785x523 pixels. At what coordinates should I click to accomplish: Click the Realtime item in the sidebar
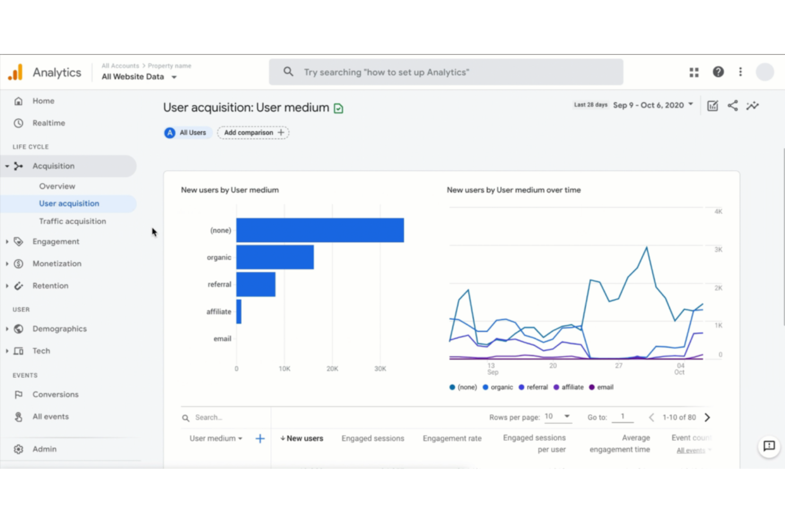click(48, 123)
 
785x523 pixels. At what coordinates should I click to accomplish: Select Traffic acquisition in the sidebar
click(72, 221)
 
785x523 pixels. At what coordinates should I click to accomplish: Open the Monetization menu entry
click(57, 264)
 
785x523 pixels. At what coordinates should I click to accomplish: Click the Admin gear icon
click(19, 449)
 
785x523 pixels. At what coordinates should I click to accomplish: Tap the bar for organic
click(275, 257)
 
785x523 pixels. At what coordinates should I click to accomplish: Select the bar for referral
click(256, 285)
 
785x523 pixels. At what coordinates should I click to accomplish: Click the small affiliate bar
click(239, 312)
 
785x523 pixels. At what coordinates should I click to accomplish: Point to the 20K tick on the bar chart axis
click(332, 369)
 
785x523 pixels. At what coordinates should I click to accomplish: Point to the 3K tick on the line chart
click(718, 250)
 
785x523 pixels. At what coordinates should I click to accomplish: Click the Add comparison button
click(253, 133)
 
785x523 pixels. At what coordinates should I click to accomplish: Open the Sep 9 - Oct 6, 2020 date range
click(652, 105)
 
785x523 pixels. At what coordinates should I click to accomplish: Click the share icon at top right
click(732, 106)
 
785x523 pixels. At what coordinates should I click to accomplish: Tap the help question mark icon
click(718, 72)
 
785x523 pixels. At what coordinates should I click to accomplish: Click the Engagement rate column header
click(452, 439)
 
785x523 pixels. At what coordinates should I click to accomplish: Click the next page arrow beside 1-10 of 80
click(707, 418)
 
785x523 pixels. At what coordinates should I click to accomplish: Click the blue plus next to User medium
click(260, 439)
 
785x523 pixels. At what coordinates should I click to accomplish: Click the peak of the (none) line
click(647, 247)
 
